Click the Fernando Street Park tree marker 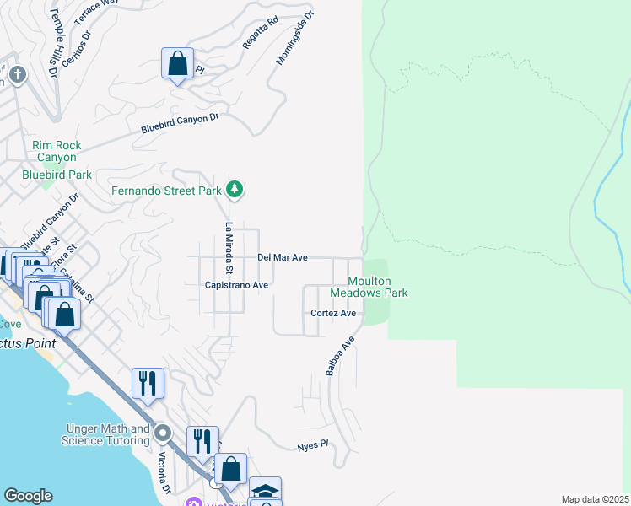[235, 190]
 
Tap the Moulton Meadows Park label [369, 287]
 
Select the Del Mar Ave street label [282, 257]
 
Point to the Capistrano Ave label [236, 285]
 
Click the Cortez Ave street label [333, 313]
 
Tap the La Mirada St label [228, 248]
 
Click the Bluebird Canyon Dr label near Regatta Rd [180, 123]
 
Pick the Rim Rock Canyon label [57, 151]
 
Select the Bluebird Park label [57, 175]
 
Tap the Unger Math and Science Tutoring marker [164, 434]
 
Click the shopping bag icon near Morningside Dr [178, 62]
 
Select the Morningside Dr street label [294, 38]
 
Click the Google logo [28, 496]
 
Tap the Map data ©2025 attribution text [594, 499]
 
